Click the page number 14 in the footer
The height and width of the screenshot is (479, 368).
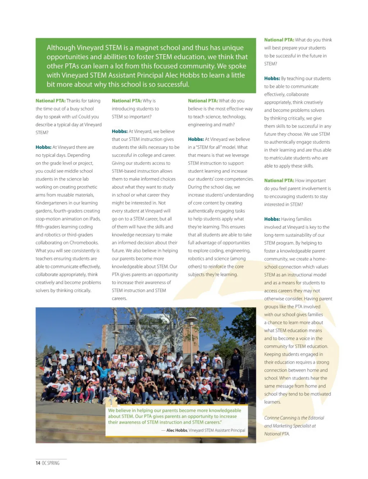[x=38, y=463]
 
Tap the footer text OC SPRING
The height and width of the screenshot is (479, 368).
[x=51, y=463]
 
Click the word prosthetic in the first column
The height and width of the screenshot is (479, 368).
[x=86, y=187]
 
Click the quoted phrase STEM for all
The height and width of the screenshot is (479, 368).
[x=215, y=147]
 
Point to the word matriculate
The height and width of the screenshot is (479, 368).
[x=282, y=158]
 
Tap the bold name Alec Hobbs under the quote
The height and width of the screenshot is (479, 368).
[x=177, y=430]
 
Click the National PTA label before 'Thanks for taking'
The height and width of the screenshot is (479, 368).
[x=50, y=101]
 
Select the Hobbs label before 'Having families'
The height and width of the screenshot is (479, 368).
[x=272, y=219]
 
